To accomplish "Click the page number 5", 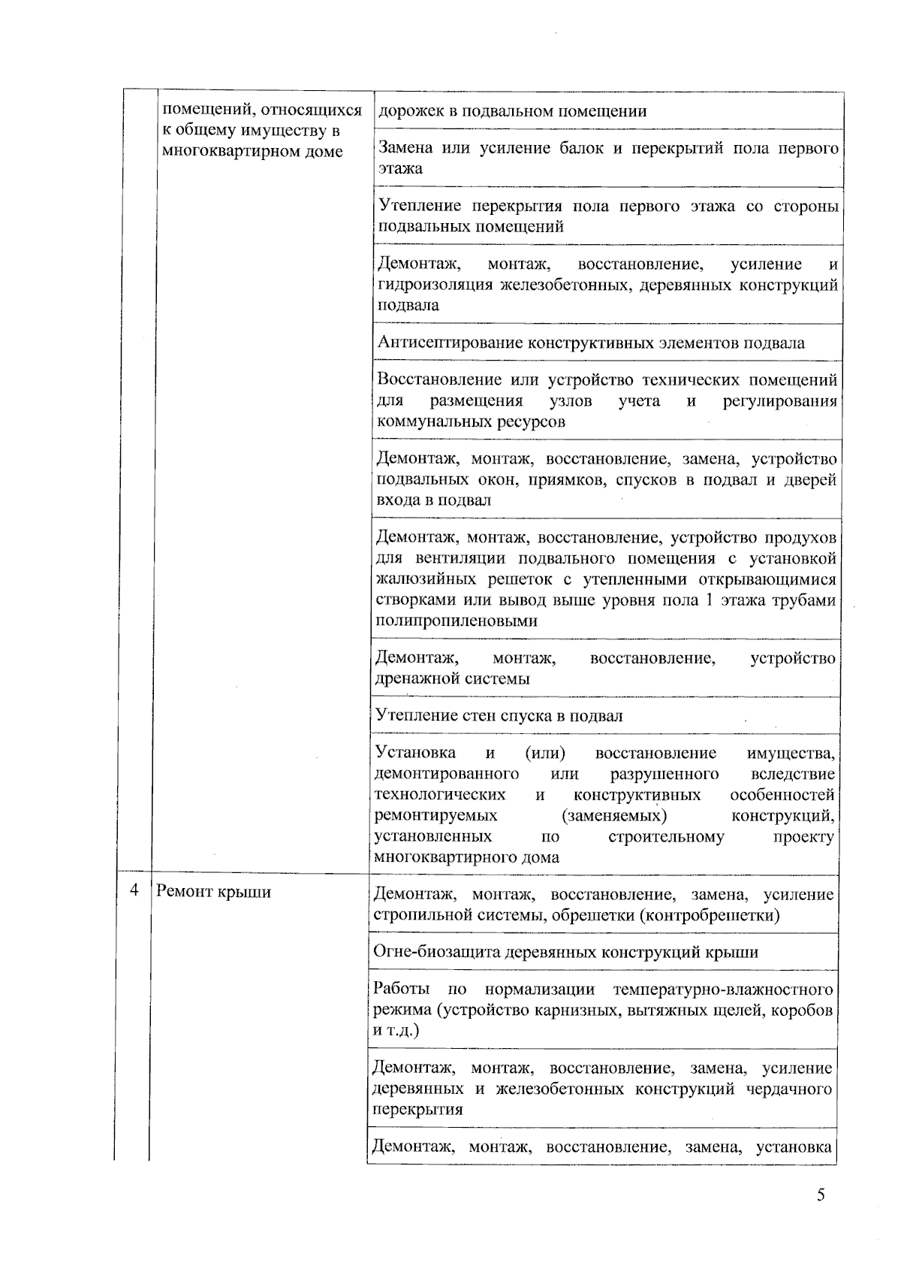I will click(x=821, y=1195).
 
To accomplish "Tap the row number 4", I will click(x=134, y=891).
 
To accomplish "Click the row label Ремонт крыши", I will click(x=213, y=892).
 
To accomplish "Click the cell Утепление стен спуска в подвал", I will click(x=499, y=715).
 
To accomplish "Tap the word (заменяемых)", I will click(x=614, y=816).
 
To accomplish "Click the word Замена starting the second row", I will click(x=406, y=148).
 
